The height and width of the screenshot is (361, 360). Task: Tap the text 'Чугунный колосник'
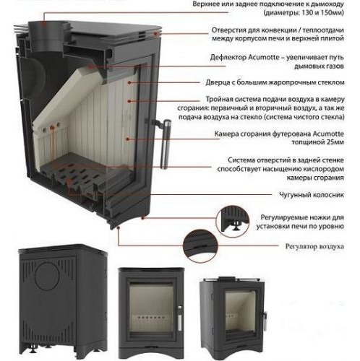click(312, 194)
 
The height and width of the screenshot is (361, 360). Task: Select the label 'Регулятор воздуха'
click(314, 246)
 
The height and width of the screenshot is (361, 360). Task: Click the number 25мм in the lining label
click(335, 142)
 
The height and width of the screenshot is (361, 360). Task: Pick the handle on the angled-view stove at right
click(265, 319)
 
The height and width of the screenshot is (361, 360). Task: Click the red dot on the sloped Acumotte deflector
click(90, 66)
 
